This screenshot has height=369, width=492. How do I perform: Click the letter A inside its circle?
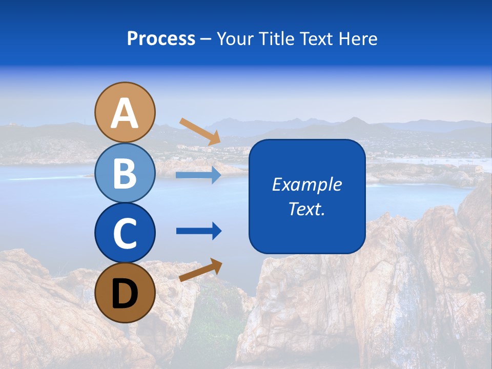click(x=125, y=114)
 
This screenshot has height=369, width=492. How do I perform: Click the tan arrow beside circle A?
click(x=200, y=131)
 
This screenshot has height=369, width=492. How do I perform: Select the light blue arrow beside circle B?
click(x=198, y=175)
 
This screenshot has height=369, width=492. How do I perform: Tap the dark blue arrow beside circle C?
click(x=199, y=231)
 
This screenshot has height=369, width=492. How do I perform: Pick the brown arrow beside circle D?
click(x=200, y=270)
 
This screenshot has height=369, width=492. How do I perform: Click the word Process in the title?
click(x=161, y=39)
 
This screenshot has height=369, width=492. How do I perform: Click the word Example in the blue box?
click(x=306, y=184)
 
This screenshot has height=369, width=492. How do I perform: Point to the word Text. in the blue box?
click(x=306, y=209)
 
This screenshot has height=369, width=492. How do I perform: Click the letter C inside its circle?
click(x=125, y=233)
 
